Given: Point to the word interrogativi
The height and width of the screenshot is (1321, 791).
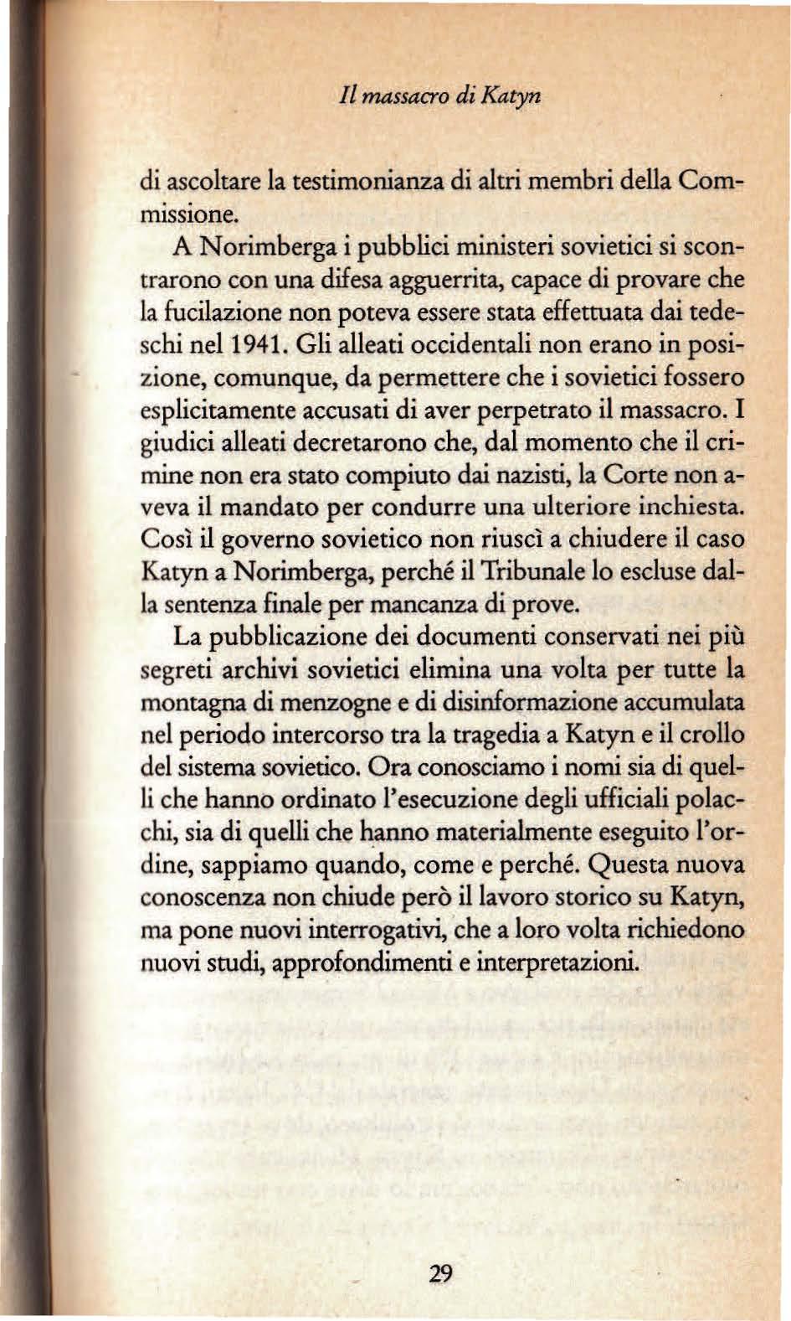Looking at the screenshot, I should click(x=377, y=930).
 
